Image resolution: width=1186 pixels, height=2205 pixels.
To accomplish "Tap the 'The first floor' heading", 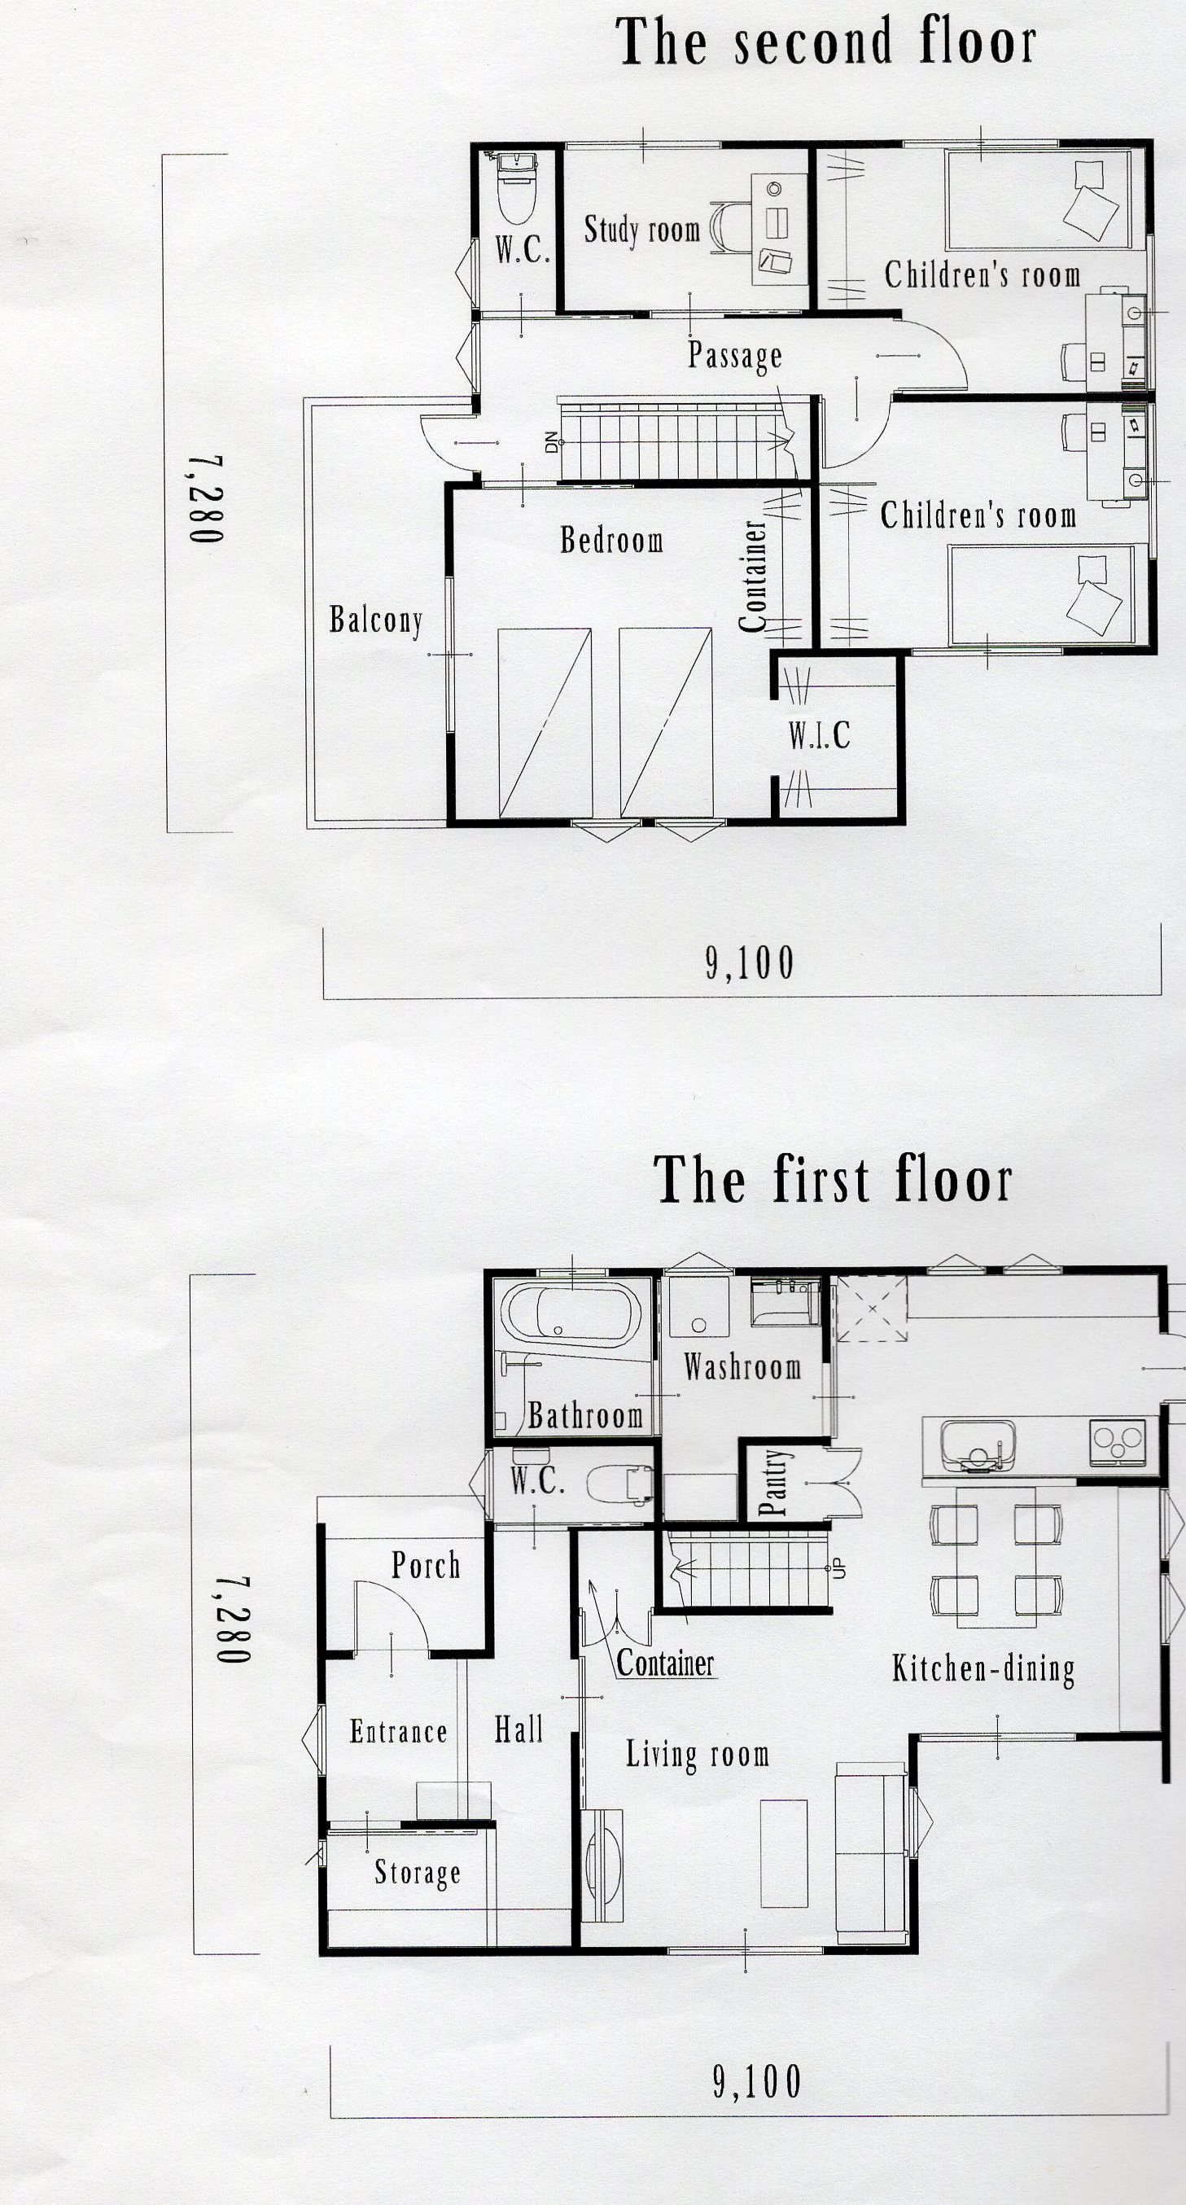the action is tap(833, 1181).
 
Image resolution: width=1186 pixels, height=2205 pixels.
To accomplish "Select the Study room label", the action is tap(641, 230).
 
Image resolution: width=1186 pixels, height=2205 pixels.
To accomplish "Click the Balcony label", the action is tap(375, 620).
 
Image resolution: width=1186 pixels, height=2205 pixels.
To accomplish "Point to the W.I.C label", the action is tap(819, 735).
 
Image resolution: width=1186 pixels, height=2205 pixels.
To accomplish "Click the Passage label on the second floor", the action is tap(735, 355).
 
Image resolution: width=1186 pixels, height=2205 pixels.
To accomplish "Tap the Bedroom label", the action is tap(612, 540).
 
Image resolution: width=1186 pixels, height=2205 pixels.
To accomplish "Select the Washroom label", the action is tap(742, 1367).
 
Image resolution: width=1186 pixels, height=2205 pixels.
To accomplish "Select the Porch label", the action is tap(425, 1566).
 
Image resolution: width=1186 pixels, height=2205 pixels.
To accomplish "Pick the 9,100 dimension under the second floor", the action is tap(750, 964).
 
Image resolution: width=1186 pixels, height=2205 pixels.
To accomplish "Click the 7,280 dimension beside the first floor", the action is tap(232, 1620).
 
